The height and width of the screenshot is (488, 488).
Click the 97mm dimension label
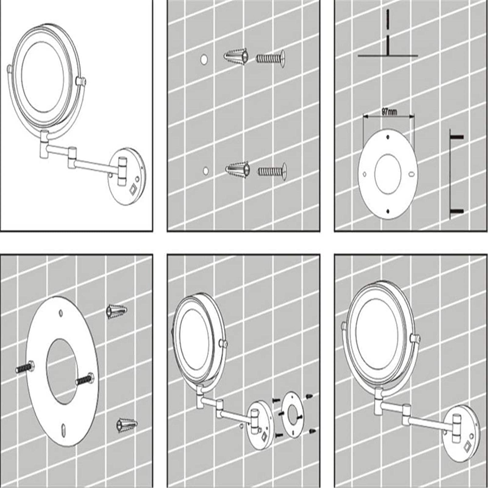tap(389, 112)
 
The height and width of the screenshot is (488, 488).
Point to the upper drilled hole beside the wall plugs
tap(204, 59)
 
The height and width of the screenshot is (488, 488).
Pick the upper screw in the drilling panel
tap(270, 58)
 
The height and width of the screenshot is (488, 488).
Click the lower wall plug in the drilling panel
tap(238, 170)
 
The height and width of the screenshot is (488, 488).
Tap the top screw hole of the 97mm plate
tap(388, 137)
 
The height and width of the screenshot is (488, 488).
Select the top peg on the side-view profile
tap(457, 137)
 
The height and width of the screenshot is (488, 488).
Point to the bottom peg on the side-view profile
tap(457, 211)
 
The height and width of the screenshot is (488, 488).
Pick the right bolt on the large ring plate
tap(85, 378)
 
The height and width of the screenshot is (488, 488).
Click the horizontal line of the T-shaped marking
tap(387, 56)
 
